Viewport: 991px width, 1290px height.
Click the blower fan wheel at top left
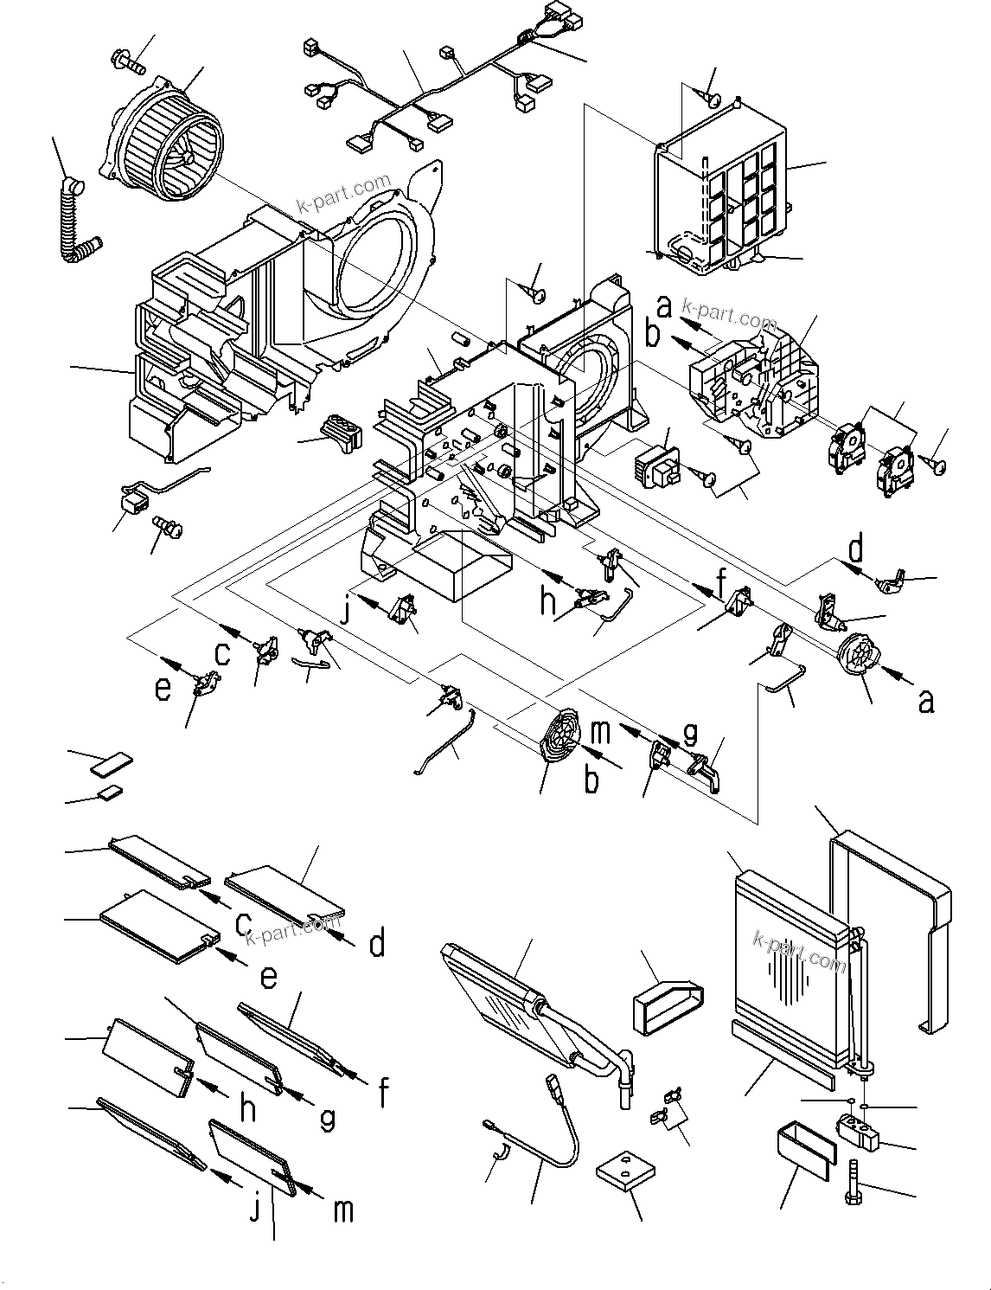click(169, 143)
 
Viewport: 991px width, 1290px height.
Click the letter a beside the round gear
click(926, 700)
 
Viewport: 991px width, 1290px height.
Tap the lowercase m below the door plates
click(343, 1210)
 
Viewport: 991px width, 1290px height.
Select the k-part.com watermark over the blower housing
click(343, 196)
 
